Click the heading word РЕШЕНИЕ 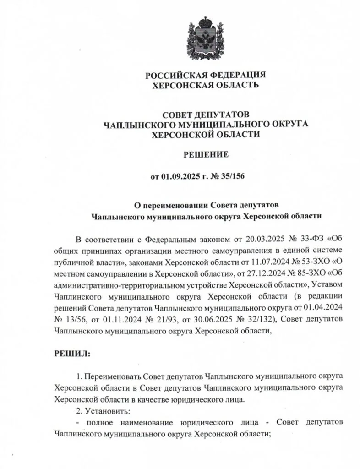(x=206, y=155)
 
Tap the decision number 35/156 (x=238, y=176)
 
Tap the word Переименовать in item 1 (x=112, y=376)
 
